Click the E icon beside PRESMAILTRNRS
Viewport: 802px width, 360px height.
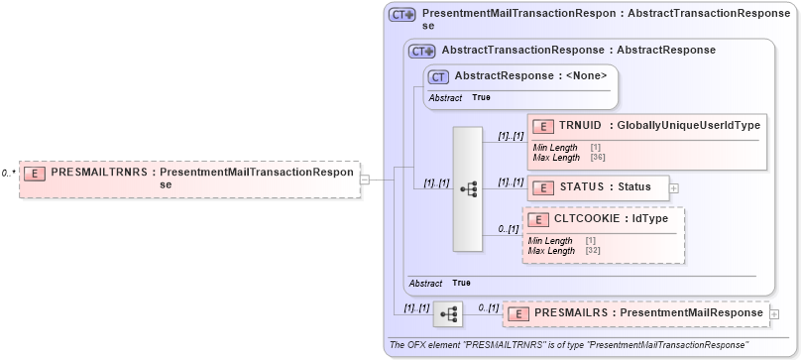pyautogui.click(x=35, y=173)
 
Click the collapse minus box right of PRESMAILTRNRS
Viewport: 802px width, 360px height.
pyautogui.click(x=364, y=180)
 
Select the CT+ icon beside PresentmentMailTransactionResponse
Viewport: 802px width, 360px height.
pyautogui.click(x=401, y=15)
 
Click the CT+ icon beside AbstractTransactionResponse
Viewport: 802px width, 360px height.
pyautogui.click(x=422, y=50)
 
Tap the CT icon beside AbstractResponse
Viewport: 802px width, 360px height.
pyautogui.click(x=436, y=75)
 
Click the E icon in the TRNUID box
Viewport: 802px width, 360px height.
pyautogui.click(x=542, y=126)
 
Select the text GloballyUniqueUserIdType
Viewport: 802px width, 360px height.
pyautogui.click(x=688, y=126)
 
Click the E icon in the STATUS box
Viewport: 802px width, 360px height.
pyautogui.click(x=542, y=186)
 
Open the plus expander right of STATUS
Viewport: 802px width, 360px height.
pyautogui.click(x=674, y=186)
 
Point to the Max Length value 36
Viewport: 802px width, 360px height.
pyautogui.click(x=595, y=157)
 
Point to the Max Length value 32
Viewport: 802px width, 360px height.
pyautogui.click(x=591, y=251)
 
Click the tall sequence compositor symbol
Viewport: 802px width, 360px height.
pyautogui.click(x=470, y=188)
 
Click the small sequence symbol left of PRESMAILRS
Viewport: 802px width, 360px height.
pyautogui.click(x=449, y=314)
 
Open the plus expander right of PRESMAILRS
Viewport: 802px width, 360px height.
pyautogui.click(x=773, y=313)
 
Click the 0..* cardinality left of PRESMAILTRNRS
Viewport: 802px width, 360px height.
pyautogui.click(x=8, y=173)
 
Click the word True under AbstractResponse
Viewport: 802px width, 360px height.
pyautogui.click(x=481, y=98)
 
